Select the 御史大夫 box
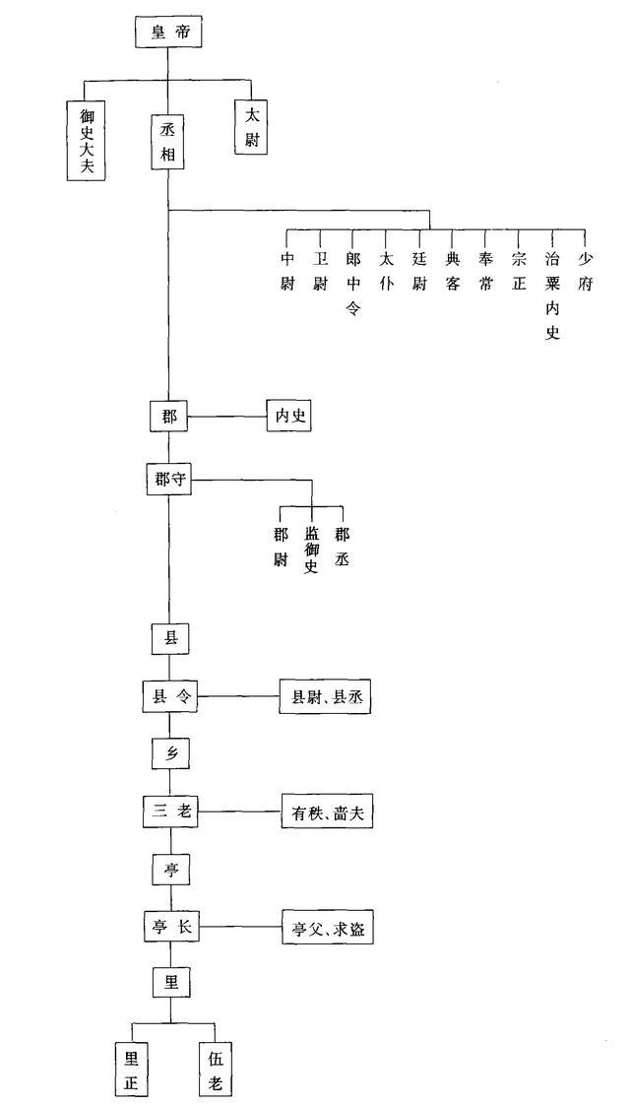(87, 140)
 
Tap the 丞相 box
(168, 141)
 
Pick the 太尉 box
(251, 127)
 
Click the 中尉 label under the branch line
(287, 272)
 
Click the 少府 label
(585, 272)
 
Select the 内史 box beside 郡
(288, 417)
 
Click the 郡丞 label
(342, 544)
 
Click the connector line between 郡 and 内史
(226, 417)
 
